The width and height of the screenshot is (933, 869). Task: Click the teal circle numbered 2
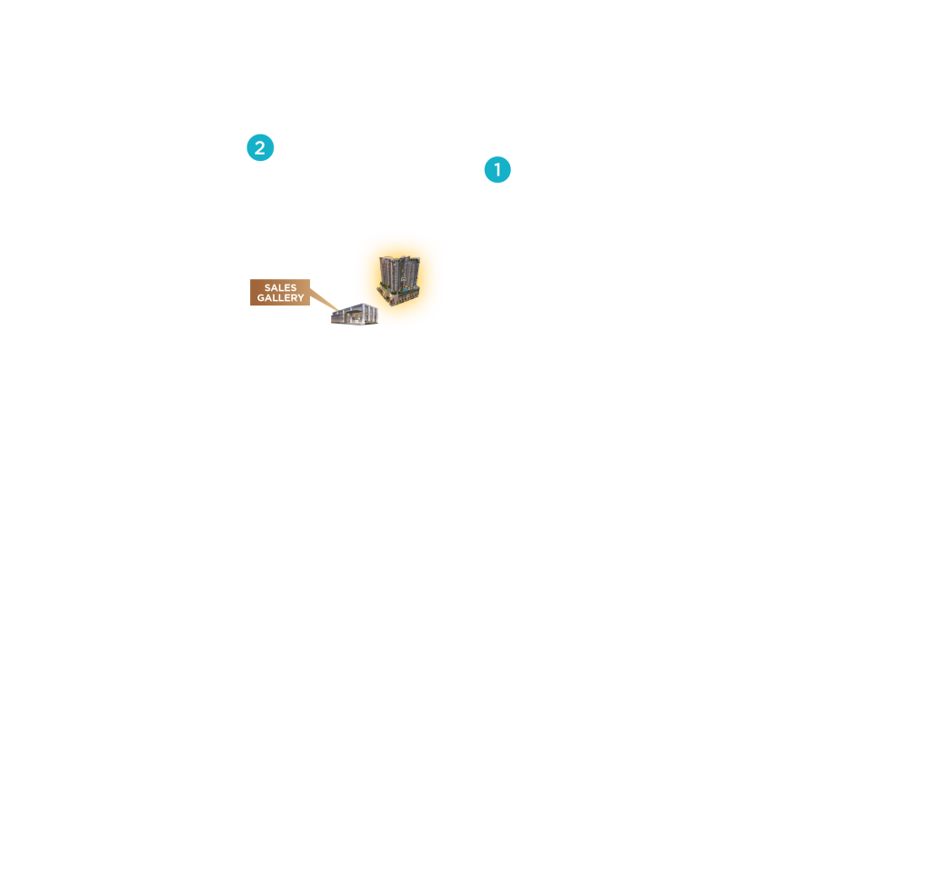pos(260,147)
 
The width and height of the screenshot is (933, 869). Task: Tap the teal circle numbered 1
pos(497,169)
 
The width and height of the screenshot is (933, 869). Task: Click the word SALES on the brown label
pos(280,287)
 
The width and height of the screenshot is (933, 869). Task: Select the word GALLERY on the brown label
pos(280,297)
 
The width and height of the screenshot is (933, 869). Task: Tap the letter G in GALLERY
pos(261,298)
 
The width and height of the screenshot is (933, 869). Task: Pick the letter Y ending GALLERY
pos(301,298)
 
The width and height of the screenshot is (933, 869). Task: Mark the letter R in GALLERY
pos(294,298)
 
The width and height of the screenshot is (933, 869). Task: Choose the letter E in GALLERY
pos(287,298)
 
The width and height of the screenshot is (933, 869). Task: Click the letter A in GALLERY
pos(268,298)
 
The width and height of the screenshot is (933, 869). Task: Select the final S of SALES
pos(294,287)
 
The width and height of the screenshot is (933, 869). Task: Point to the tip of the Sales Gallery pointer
pos(338,311)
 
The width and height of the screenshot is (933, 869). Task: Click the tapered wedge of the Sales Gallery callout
pos(324,300)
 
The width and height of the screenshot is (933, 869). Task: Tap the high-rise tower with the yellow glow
pos(398,280)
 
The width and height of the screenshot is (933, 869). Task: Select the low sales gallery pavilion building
pos(355,314)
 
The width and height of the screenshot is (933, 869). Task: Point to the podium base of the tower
pos(398,295)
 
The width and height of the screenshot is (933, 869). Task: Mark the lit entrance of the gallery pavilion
pos(356,318)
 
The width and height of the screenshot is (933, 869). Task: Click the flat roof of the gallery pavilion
pos(357,306)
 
